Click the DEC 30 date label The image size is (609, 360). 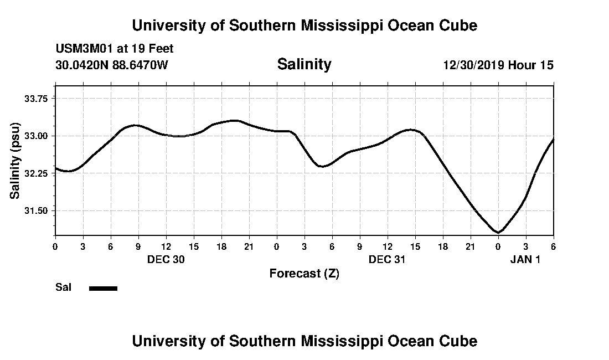point(166,259)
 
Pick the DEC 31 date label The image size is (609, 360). point(387,259)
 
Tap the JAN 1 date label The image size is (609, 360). point(525,259)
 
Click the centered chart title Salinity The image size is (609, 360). point(304,64)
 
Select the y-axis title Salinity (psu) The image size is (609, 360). point(15,160)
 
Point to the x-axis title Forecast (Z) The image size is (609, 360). point(304,274)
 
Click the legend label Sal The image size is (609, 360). point(63,287)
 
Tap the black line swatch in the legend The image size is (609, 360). point(103,288)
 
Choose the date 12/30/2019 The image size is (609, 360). point(473,65)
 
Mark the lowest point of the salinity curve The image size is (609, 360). point(498,233)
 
